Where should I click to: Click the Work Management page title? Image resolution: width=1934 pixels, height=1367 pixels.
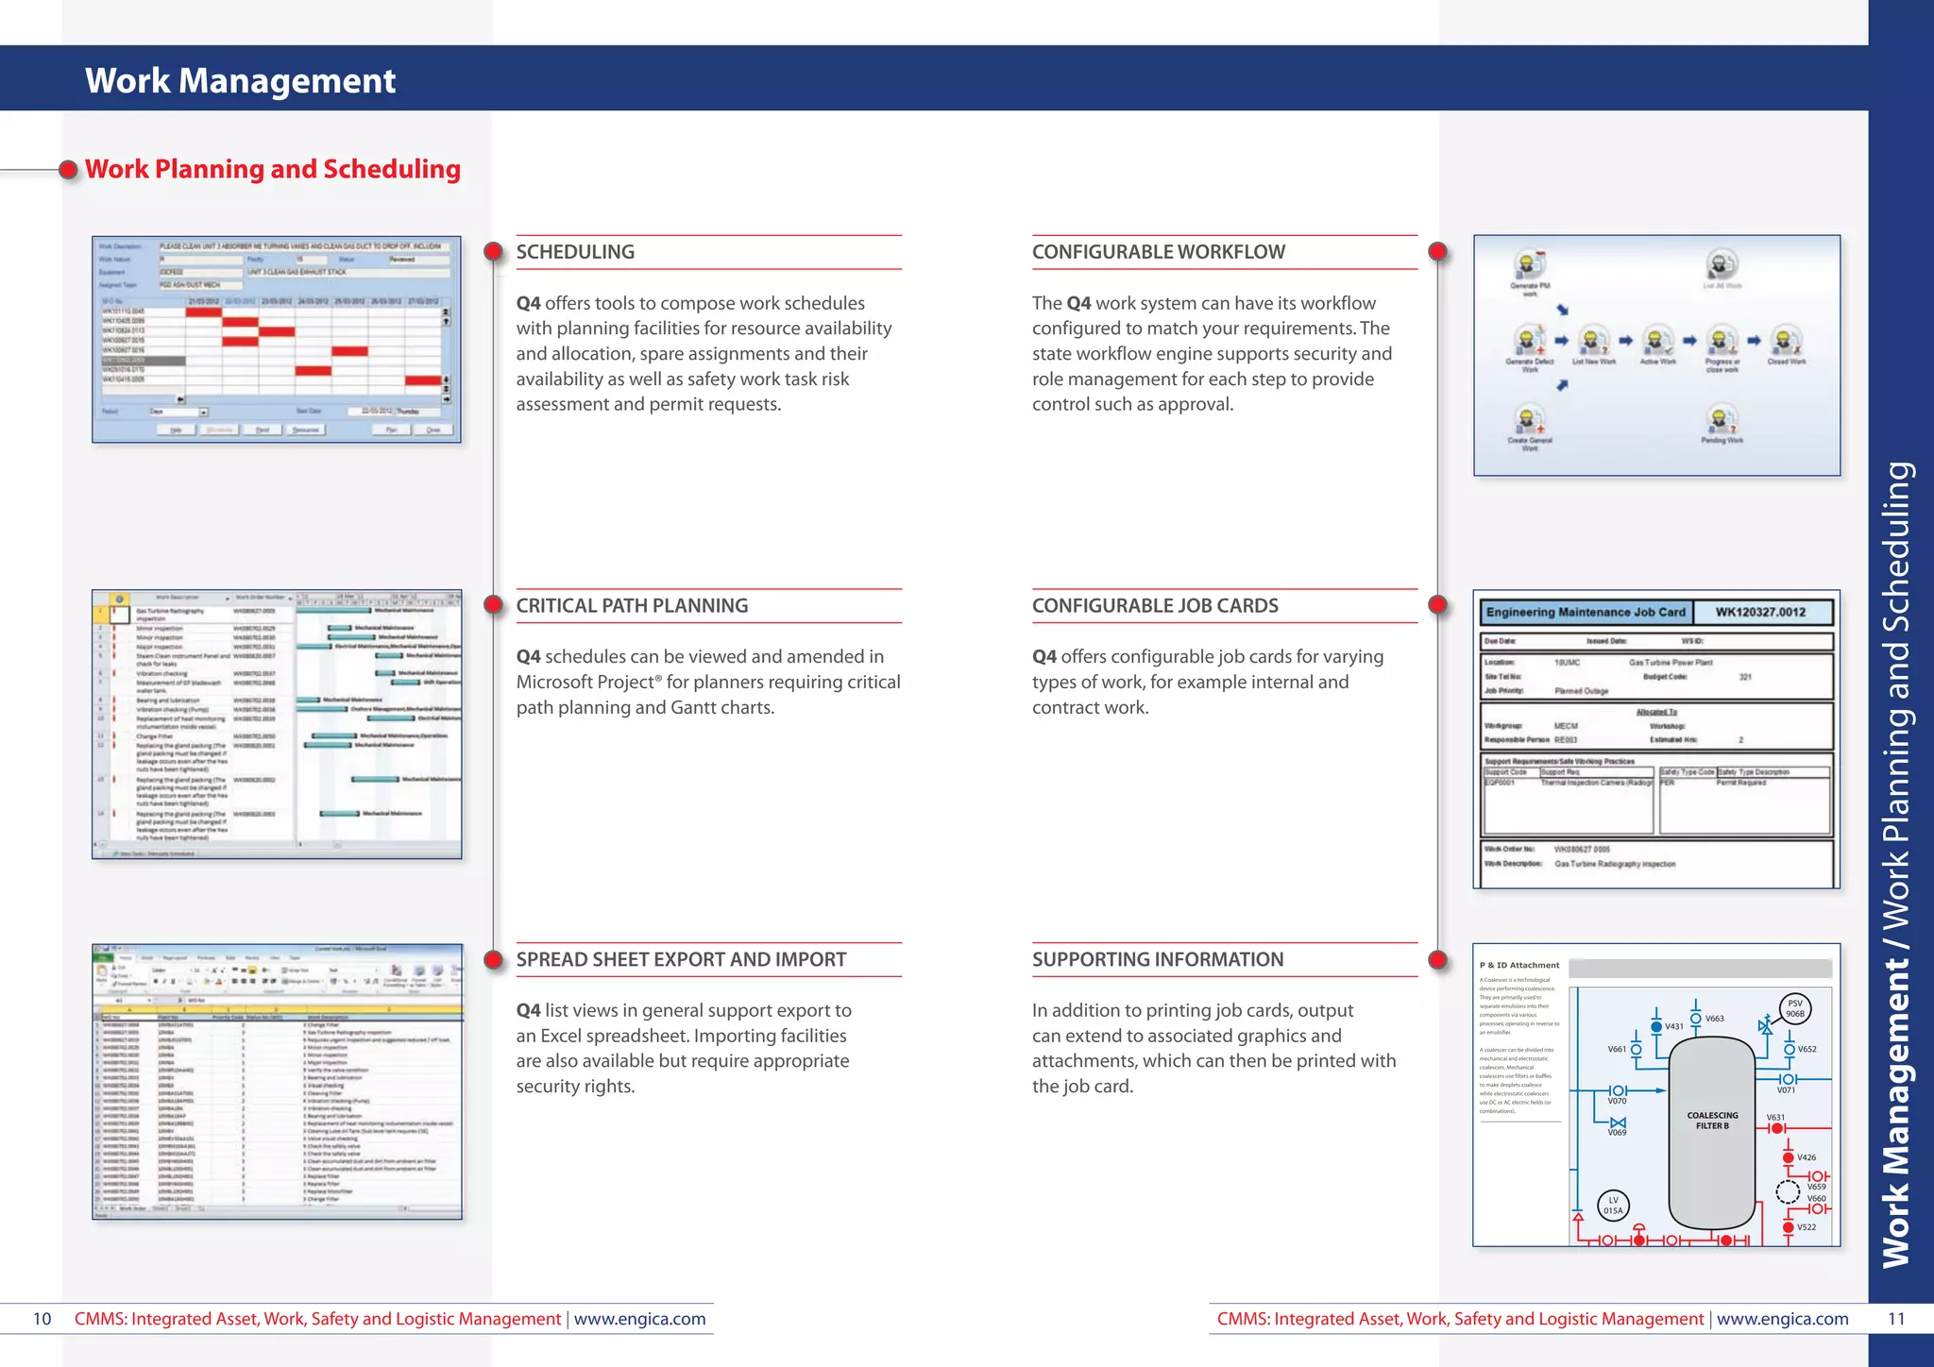click(x=240, y=81)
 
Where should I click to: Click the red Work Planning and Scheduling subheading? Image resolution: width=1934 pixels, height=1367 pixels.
click(x=272, y=169)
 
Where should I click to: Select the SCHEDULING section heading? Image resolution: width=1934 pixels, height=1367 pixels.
click(x=575, y=252)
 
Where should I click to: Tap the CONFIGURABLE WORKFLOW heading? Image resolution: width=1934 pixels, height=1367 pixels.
click(x=1158, y=252)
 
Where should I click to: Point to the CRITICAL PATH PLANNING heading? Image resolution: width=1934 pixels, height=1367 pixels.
click(x=632, y=606)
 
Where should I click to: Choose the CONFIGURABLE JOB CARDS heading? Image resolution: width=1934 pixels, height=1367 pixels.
click(x=1155, y=606)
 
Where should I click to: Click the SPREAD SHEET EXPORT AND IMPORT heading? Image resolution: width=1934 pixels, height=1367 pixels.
click(x=681, y=960)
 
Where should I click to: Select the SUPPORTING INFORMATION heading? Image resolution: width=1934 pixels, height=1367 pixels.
click(x=1157, y=960)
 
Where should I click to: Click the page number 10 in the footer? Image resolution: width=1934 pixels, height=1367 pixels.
click(x=42, y=1319)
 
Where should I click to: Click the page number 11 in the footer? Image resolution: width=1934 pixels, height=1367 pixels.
click(x=1896, y=1319)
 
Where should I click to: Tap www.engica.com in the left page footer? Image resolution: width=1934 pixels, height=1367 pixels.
click(x=639, y=1319)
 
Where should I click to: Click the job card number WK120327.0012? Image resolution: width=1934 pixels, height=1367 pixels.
click(x=1760, y=612)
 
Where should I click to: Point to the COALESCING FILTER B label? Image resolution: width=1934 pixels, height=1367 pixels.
click(x=1712, y=1121)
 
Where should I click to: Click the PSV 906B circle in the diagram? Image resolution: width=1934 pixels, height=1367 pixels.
click(x=1794, y=1008)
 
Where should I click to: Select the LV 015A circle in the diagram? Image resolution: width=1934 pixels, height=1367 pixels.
click(x=1613, y=1206)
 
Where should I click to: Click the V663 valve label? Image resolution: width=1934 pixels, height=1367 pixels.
click(x=1714, y=1019)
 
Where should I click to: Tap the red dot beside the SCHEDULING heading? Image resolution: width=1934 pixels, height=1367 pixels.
click(x=493, y=252)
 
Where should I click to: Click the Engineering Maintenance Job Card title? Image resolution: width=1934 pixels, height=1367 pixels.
click(x=1586, y=612)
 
